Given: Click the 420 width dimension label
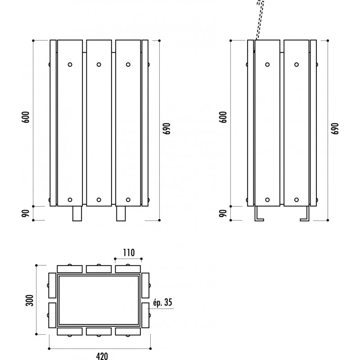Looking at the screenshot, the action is tap(102, 356).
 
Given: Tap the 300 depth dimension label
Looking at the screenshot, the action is tap(30, 300).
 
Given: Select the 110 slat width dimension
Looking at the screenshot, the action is tap(129, 253).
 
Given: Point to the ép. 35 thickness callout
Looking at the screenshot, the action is tap(162, 302).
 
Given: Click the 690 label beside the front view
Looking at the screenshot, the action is tap(167, 129).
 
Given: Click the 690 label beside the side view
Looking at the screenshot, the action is tap(335, 129).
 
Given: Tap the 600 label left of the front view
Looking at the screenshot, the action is tap(26, 117).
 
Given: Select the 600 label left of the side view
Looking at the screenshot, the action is tap(223, 117).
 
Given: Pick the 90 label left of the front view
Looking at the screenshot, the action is tap(26, 213).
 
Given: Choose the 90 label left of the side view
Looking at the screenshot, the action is tap(223, 213).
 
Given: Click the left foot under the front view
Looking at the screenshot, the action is tap(77, 213).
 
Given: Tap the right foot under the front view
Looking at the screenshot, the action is tap(121, 213).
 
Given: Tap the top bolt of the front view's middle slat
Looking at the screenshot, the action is tap(99, 64).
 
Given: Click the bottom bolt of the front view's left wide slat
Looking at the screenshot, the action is tap(70, 200).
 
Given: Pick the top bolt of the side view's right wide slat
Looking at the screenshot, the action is tap(297, 64).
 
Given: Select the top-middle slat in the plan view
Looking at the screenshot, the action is tap(99, 269).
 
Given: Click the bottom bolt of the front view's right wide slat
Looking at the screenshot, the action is tap(128, 200).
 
